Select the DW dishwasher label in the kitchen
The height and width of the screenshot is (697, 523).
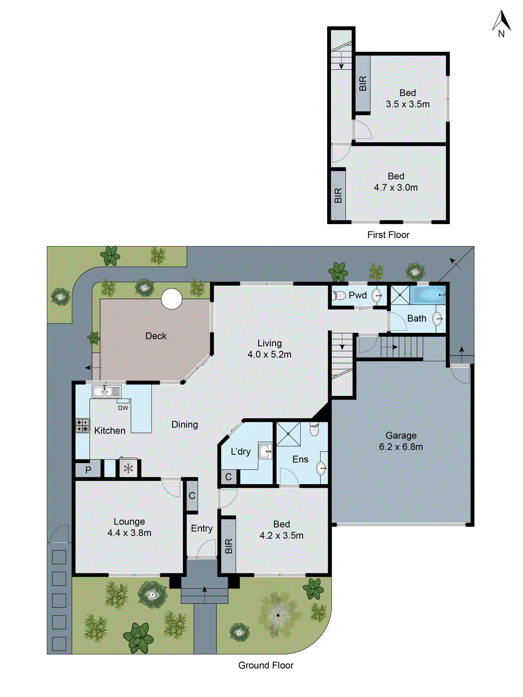click(x=123, y=408)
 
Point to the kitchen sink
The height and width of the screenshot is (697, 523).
click(x=106, y=391)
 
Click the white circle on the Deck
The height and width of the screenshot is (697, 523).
click(x=172, y=299)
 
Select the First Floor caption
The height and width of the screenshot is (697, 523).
click(x=388, y=235)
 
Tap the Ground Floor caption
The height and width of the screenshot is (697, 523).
click(x=266, y=665)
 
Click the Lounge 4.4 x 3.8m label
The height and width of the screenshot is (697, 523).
click(x=129, y=527)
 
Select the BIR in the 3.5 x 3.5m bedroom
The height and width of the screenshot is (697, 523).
click(x=363, y=83)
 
